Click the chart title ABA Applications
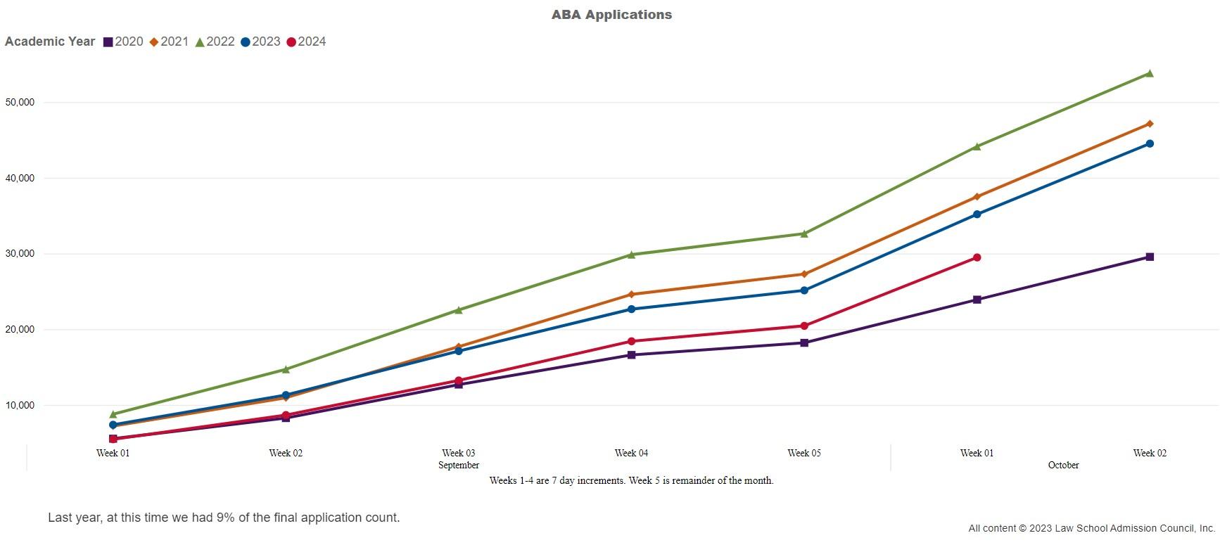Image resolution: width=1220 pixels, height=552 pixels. pyautogui.click(x=611, y=15)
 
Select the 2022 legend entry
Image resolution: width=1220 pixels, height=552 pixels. pyautogui.click(x=215, y=41)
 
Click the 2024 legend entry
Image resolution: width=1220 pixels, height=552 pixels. pyautogui.click(x=306, y=41)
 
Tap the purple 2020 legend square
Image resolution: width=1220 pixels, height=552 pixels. pyautogui.click(x=108, y=42)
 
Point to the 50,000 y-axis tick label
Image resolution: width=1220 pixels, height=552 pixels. pyautogui.click(x=20, y=103)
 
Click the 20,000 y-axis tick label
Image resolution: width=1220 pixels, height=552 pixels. pyautogui.click(x=20, y=330)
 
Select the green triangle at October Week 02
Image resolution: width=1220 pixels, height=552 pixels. pyautogui.click(x=1150, y=73)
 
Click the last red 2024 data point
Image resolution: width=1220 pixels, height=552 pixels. pyautogui.click(x=977, y=257)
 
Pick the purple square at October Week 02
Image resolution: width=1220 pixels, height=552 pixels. pyautogui.click(x=1150, y=257)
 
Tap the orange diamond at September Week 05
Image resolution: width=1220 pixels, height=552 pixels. pyautogui.click(x=804, y=274)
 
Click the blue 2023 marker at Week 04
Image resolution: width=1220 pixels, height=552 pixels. pyautogui.click(x=631, y=309)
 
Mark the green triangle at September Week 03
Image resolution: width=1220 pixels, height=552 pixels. pyautogui.click(x=459, y=310)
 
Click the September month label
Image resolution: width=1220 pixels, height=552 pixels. pyautogui.click(x=459, y=466)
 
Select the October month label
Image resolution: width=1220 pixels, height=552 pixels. pyautogui.click(x=1063, y=466)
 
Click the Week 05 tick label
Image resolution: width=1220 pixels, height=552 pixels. pyautogui.click(x=804, y=454)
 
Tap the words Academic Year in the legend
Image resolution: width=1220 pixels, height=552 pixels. pyautogui.click(x=50, y=41)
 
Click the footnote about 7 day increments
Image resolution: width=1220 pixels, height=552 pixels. pyautogui.click(x=631, y=481)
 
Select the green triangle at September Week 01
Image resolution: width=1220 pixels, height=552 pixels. pyautogui.click(x=113, y=414)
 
